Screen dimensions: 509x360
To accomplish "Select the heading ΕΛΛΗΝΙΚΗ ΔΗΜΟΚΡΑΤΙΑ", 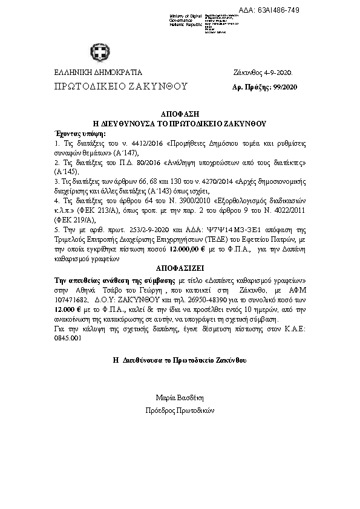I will pyautogui.click(x=90, y=73).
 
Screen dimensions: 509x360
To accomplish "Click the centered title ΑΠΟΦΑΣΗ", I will pyautogui.click(x=180, y=114).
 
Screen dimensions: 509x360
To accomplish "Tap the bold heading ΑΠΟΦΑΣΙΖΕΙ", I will pyautogui.click(x=180, y=265).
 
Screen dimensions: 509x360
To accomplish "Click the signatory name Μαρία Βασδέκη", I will pyautogui.click(x=180, y=398).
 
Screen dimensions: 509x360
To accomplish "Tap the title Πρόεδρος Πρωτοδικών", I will pyautogui.click(x=180, y=410).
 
